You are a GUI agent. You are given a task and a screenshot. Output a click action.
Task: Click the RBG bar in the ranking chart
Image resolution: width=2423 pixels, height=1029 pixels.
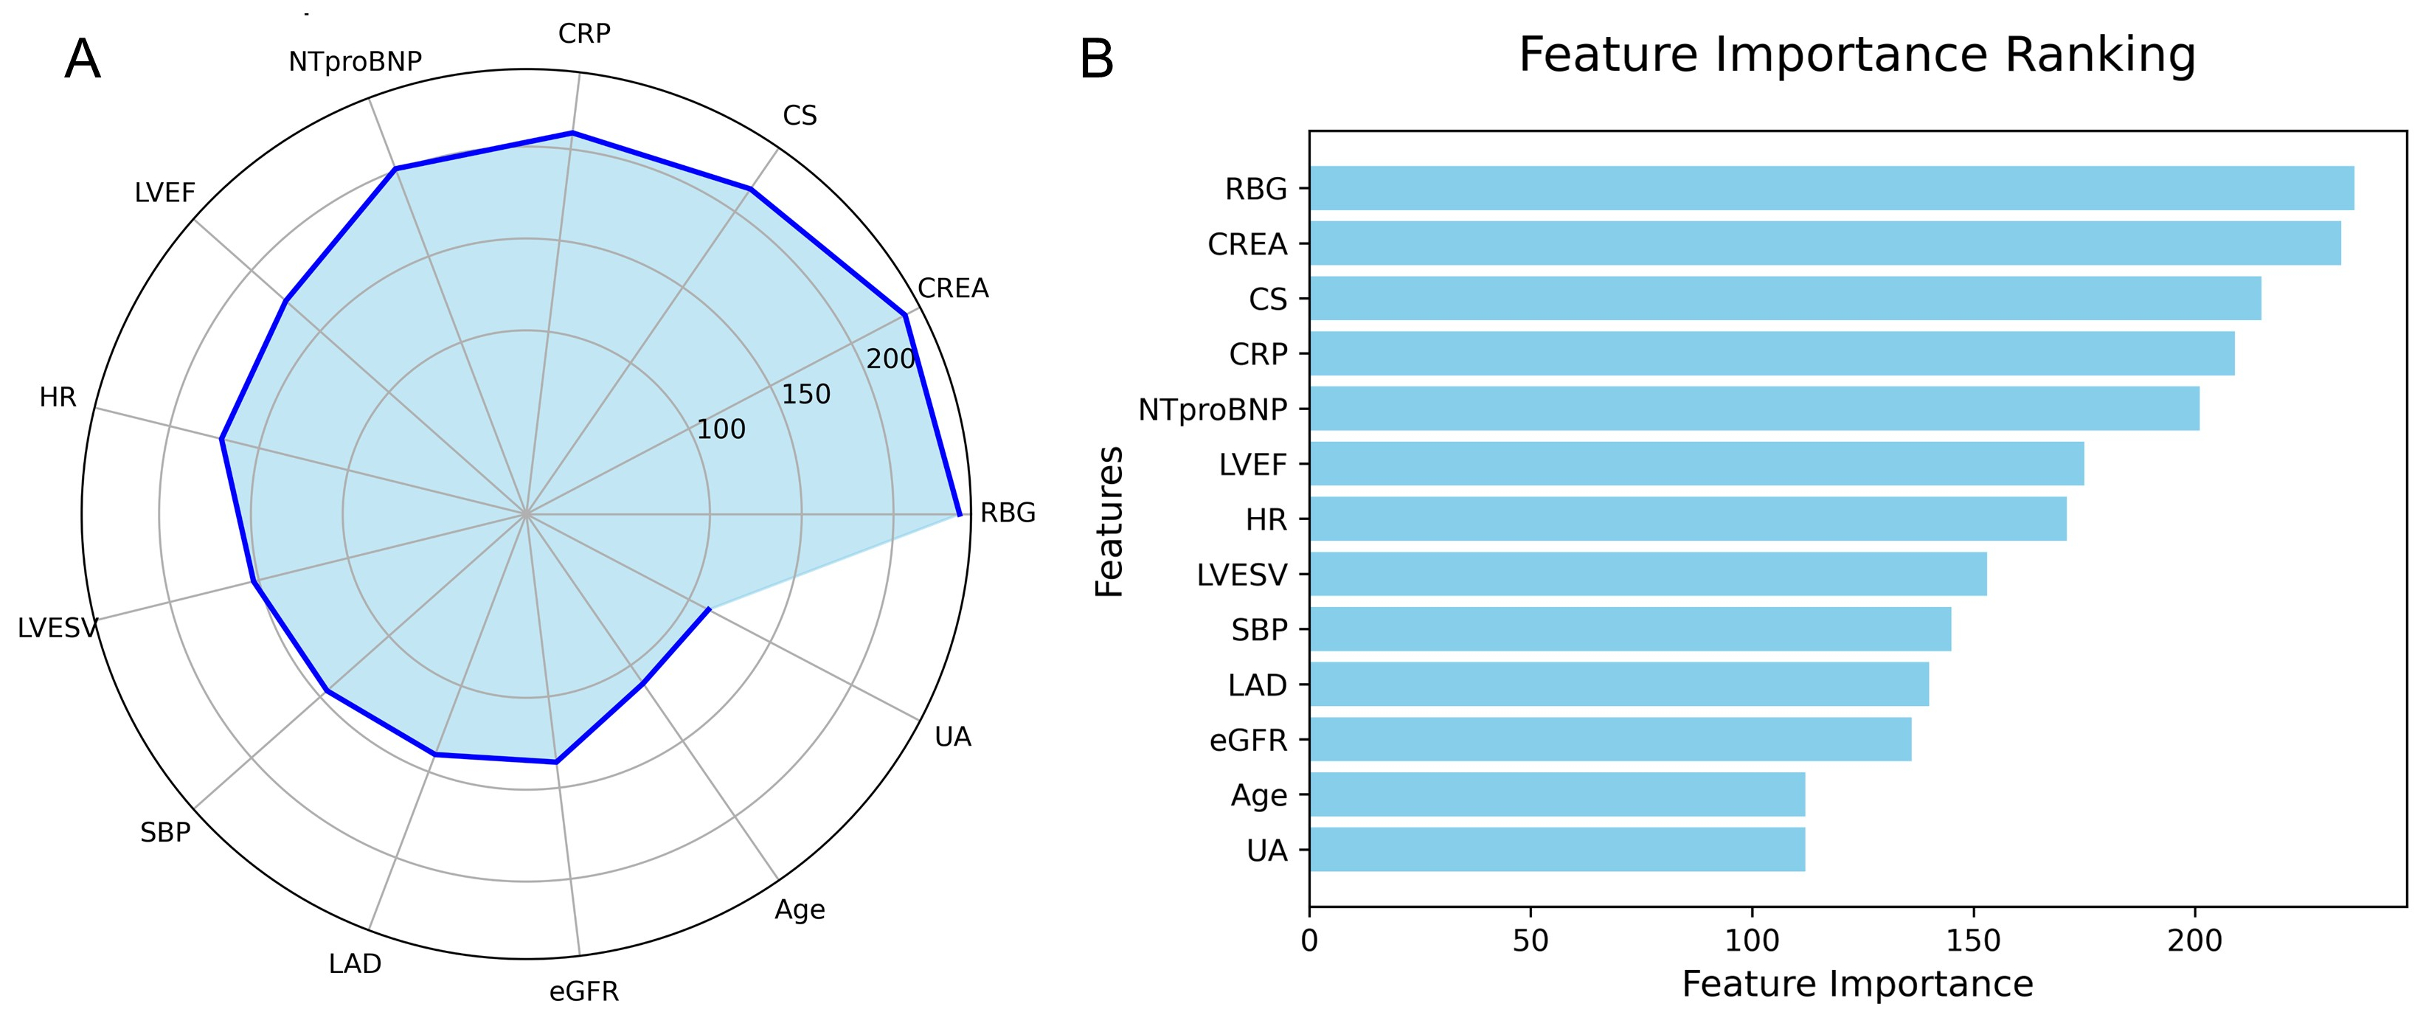click(1831, 188)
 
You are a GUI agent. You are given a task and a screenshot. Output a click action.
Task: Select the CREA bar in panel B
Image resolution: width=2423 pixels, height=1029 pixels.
click(1825, 243)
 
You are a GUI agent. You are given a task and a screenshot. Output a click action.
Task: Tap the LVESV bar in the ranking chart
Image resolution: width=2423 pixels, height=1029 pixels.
click(1648, 574)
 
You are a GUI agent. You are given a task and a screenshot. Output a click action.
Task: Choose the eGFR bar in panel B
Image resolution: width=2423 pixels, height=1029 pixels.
click(1610, 739)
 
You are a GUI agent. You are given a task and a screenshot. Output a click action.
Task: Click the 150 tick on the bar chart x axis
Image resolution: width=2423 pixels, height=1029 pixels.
click(1973, 940)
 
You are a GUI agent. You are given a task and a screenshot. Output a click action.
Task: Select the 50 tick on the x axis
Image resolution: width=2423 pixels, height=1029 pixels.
click(1531, 940)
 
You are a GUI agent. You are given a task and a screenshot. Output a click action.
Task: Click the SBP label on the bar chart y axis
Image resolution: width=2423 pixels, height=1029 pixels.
click(1258, 629)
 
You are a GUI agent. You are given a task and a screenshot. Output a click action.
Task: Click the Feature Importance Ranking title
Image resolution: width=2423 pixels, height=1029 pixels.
click(1857, 55)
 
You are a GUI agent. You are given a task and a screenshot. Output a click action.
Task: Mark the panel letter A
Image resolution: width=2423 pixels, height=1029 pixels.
click(83, 60)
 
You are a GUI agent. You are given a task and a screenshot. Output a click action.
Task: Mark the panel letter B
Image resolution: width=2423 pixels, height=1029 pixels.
click(1096, 60)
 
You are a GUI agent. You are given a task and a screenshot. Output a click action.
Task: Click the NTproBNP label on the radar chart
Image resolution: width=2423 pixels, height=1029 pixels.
click(355, 62)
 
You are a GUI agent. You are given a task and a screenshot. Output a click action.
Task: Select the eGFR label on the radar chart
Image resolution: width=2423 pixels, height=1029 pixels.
click(584, 991)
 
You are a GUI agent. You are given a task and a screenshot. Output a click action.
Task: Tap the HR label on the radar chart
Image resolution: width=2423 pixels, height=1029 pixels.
click(58, 398)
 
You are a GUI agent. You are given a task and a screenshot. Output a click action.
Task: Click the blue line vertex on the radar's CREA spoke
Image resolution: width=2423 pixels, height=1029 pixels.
click(905, 315)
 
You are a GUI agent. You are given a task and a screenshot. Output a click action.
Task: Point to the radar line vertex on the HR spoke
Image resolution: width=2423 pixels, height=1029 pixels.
click(221, 438)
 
